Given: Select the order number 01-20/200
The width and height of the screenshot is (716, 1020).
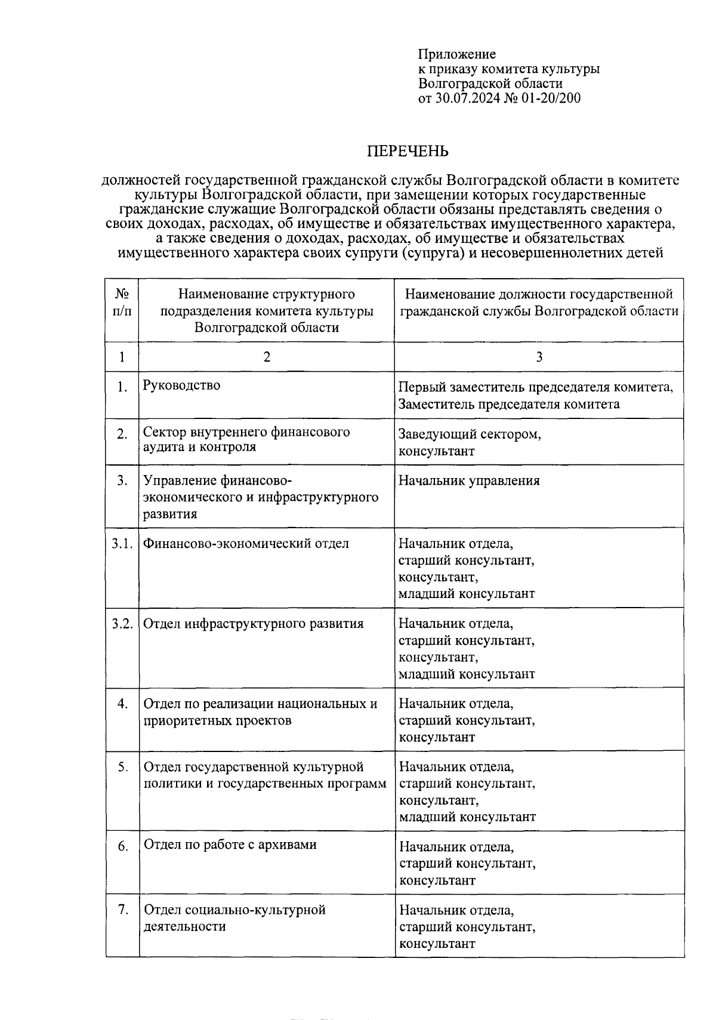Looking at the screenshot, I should pyautogui.click(x=550, y=98).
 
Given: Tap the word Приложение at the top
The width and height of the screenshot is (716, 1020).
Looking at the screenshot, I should pyautogui.click(x=456, y=54).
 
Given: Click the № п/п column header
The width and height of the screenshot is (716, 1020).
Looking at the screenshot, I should pyautogui.click(x=122, y=302).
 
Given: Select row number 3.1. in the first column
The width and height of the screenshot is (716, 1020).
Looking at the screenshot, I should pyautogui.click(x=122, y=543).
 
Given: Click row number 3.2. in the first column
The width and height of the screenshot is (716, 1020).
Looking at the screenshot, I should pyautogui.click(x=122, y=624).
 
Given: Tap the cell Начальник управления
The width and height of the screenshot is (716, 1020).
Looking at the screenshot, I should pyautogui.click(x=469, y=481).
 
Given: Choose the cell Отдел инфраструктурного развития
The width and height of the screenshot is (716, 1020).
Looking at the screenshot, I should pyautogui.click(x=254, y=624).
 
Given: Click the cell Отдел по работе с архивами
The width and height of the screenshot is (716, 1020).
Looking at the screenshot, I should pyautogui.click(x=230, y=845).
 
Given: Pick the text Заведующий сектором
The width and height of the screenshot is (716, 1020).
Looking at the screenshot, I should pyautogui.click(x=470, y=434).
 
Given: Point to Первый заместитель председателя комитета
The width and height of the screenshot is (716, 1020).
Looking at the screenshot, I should pyautogui.click(x=536, y=387).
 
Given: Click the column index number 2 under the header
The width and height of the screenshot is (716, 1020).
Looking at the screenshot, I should pyautogui.click(x=266, y=357).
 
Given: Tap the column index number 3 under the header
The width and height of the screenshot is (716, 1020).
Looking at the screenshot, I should pyautogui.click(x=539, y=357).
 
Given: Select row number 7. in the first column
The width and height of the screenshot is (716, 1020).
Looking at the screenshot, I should pyautogui.click(x=122, y=910).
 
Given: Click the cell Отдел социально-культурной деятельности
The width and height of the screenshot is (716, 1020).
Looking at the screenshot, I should pyautogui.click(x=234, y=918).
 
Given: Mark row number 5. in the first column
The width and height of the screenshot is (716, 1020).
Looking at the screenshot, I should pyautogui.click(x=122, y=767).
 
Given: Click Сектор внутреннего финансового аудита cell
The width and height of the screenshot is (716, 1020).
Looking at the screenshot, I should pyautogui.click(x=246, y=439).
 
